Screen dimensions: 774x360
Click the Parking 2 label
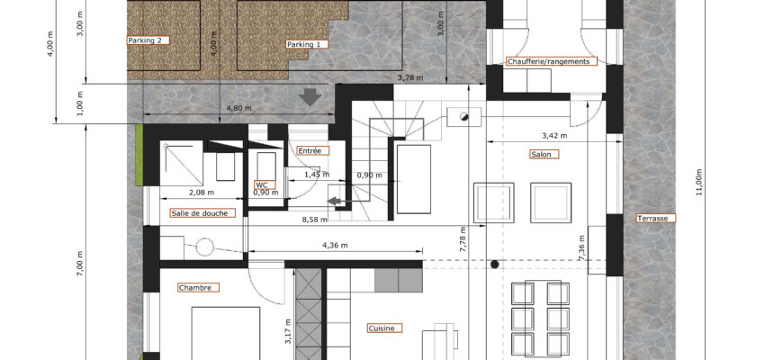148,40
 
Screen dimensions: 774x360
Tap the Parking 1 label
307,44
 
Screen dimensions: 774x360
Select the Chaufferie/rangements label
552,62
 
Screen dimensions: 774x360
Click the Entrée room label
313,150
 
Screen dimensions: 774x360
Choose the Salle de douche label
202,213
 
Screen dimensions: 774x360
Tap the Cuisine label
384,328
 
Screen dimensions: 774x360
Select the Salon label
544,154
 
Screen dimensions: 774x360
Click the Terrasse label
655,219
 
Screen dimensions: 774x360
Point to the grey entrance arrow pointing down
310,97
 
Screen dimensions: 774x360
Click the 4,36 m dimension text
335,245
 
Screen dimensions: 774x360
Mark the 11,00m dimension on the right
699,183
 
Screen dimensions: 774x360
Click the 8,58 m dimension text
314,220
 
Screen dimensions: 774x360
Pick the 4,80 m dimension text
238,109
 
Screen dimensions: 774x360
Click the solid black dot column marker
495,265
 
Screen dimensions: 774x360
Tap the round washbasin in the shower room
205,247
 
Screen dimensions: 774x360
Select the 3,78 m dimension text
409,77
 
